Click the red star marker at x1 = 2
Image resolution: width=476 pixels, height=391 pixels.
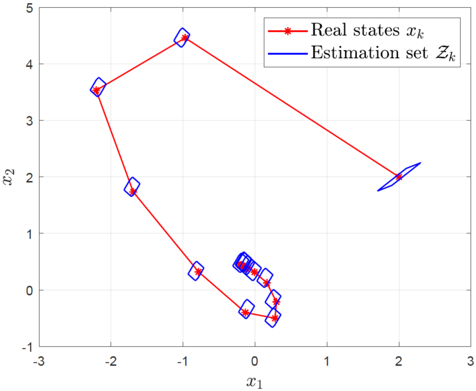coord(399,177)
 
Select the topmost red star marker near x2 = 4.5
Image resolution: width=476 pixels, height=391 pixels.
coord(185,37)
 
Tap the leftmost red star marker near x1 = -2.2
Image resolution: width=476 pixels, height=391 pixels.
coord(96,90)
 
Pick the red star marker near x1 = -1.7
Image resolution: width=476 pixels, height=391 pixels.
coord(133,192)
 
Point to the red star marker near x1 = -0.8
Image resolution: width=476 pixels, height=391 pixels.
coord(198,271)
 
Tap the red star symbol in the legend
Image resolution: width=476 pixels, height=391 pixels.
coord(286,31)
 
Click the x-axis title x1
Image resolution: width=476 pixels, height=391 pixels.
coord(255,382)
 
